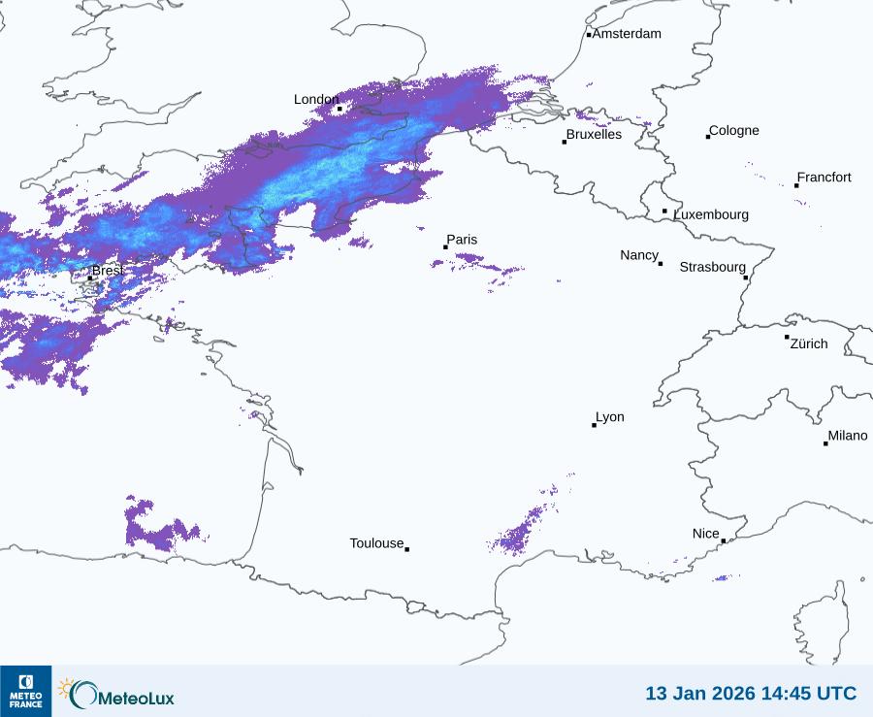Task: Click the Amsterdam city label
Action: [627, 34]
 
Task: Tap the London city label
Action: [316, 99]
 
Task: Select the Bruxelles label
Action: [594, 135]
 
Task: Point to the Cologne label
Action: [734, 131]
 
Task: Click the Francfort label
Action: [824, 178]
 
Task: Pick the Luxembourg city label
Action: [711, 214]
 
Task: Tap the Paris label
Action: [462, 240]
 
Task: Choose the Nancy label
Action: [639, 255]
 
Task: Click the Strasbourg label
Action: [713, 267]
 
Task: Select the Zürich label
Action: [809, 343]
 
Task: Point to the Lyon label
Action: [610, 417]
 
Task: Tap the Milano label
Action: [848, 436]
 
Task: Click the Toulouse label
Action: [376, 543]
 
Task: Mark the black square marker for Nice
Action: [724, 541]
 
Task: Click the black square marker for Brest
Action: [90, 277]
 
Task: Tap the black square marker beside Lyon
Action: [595, 425]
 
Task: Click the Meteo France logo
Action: [25, 691]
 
